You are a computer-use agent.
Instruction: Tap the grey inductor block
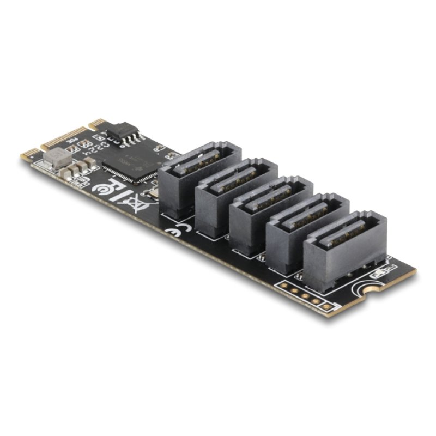(x=57, y=159)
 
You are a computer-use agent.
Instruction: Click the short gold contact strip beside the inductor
(x=29, y=153)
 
